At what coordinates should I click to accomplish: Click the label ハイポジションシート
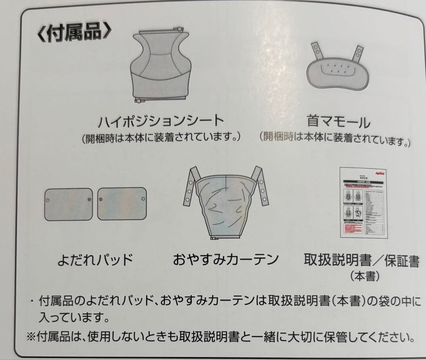pyautogui.click(x=161, y=120)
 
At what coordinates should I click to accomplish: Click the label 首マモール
pyautogui.click(x=338, y=121)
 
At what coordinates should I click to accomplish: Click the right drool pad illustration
pyautogui.click(x=122, y=203)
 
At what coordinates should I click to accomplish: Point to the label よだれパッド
pyautogui.click(x=95, y=260)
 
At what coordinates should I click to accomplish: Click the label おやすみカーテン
pyautogui.click(x=226, y=259)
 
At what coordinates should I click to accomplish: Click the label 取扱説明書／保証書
pyautogui.click(x=361, y=261)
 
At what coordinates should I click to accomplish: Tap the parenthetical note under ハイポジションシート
pyautogui.click(x=161, y=139)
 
